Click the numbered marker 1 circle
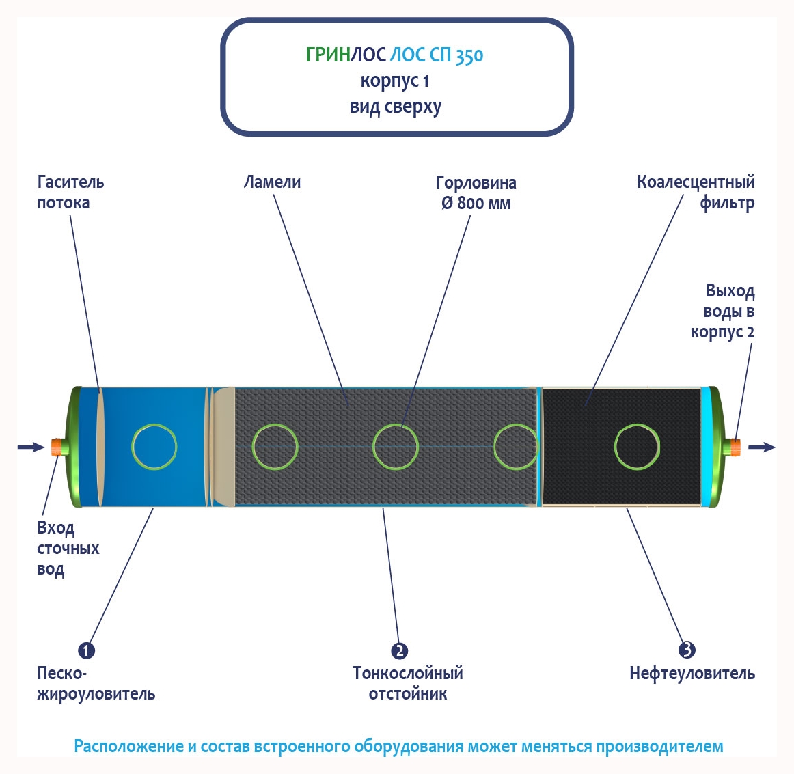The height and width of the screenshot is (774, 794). tap(86, 650)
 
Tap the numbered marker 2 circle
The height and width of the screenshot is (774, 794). tap(399, 650)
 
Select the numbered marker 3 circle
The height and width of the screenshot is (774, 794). tap(687, 650)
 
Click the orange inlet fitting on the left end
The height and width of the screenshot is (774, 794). tap(57, 447)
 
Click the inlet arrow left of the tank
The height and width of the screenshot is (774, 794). tap(31, 447)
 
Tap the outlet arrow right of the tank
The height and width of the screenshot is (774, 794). tap(762, 447)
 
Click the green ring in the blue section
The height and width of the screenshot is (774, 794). tap(154, 447)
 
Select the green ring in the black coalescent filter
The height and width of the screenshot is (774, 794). tap(637, 447)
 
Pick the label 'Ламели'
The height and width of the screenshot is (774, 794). tap(272, 182)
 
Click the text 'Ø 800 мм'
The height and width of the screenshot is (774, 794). tap(476, 203)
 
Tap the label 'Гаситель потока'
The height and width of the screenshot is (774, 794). tap(70, 192)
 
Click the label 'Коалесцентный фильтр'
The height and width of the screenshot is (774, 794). tap(696, 192)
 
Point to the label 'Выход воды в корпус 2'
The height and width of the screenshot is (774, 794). tap(726, 312)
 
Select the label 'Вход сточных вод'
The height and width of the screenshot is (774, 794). tap(67, 549)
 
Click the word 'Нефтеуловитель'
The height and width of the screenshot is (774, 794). tap(692, 674)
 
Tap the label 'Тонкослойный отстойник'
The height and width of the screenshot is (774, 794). tap(408, 683)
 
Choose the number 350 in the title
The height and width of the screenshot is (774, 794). tap(469, 55)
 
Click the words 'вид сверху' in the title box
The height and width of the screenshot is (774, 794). tap(396, 107)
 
